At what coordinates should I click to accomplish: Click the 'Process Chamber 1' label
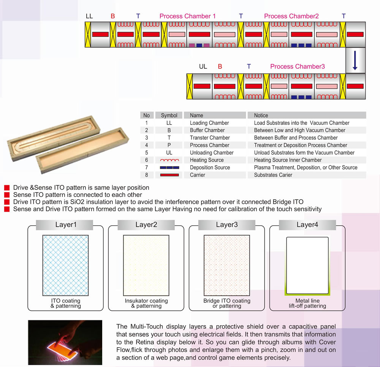pyautogui.click(x=187, y=16)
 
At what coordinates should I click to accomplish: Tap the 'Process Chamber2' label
pyautogui.click(x=291, y=16)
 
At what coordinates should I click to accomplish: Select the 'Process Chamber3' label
pyautogui.click(x=298, y=66)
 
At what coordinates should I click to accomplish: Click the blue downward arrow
pyautogui.click(x=355, y=60)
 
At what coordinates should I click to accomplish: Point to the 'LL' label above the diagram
pyautogui.click(x=89, y=16)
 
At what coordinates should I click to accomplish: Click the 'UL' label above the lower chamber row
pyautogui.click(x=203, y=66)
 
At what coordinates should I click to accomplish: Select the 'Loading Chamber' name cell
pyautogui.click(x=209, y=123)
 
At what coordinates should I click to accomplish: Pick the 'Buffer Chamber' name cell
pyautogui.click(x=207, y=130)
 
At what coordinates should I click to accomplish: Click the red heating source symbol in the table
pyautogui.click(x=169, y=160)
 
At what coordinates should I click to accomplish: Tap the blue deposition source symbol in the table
pyautogui.click(x=169, y=168)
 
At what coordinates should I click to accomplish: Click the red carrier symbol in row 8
pyautogui.click(x=169, y=175)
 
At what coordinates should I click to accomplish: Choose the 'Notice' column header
pyautogui.click(x=261, y=115)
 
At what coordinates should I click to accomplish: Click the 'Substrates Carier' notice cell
pyautogui.click(x=273, y=175)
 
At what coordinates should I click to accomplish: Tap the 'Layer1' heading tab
pyautogui.click(x=66, y=225)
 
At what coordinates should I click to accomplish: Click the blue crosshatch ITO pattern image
pyautogui.click(x=65, y=265)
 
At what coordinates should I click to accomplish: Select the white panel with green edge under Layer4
pyautogui.click(x=307, y=266)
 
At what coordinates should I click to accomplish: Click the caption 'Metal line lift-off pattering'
pyautogui.click(x=307, y=303)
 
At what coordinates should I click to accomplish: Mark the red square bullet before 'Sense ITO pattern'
pyautogui.click(x=7, y=195)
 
